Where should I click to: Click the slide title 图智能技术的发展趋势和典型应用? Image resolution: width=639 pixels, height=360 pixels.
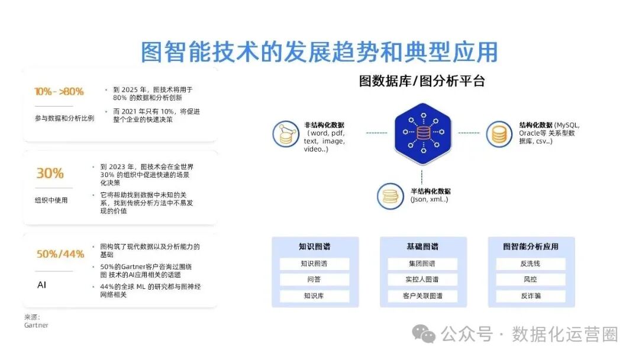point(319,52)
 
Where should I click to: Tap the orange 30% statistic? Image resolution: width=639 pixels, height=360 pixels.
point(50,173)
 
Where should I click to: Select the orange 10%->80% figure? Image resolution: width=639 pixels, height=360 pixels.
point(59,91)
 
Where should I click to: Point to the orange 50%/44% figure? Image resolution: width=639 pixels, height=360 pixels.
point(60,254)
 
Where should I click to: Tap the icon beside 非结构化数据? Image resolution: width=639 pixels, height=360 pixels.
point(286,134)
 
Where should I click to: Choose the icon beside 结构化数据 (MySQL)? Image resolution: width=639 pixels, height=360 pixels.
point(499,134)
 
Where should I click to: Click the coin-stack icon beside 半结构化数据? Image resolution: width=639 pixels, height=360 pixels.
point(391,195)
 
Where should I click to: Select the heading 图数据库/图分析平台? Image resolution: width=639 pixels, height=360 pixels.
point(422,82)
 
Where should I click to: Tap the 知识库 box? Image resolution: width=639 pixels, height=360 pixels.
point(315,296)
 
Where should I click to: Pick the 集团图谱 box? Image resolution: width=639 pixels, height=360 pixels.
point(422,264)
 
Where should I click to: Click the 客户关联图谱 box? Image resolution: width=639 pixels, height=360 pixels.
point(422,296)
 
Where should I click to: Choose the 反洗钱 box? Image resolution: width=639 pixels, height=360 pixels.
point(530,264)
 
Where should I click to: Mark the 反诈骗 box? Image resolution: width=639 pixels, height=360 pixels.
point(530,296)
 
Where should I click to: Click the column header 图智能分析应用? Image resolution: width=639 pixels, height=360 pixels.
point(531,246)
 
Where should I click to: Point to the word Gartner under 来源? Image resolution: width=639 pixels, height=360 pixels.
point(36,325)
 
